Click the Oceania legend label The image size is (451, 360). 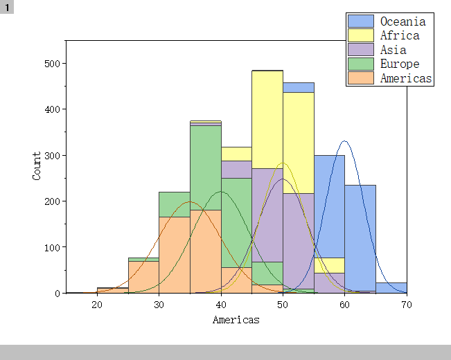[x=403, y=21]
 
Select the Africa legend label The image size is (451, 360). [x=400, y=35]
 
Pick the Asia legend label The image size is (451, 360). [x=393, y=50]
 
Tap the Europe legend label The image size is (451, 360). [x=400, y=64]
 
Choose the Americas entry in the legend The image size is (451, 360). [x=406, y=78]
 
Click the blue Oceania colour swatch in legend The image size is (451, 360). [x=361, y=21]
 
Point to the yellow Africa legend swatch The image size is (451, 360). [x=361, y=35]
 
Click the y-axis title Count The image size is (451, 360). [x=37, y=166]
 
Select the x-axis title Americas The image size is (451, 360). [x=236, y=320]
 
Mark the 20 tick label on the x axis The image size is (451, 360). [x=97, y=305]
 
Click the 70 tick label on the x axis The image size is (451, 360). [x=407, y=305]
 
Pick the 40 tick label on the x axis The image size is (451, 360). [x=221, y=305]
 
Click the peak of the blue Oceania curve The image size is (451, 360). [x=344, y=141]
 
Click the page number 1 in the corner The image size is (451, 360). [x=7, y=7]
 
